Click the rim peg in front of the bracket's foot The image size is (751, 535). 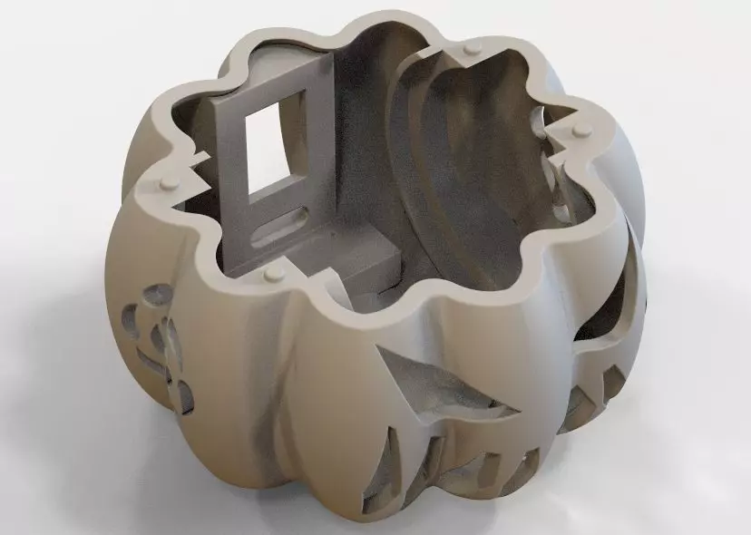click(273, 273)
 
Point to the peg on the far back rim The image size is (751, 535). click(469, 46)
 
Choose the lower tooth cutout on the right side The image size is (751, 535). click(580, 413)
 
